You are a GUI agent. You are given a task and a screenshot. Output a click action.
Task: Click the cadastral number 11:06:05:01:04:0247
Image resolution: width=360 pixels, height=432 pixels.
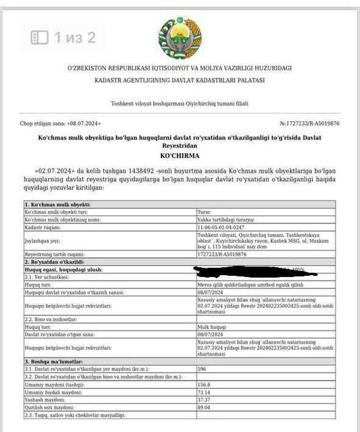coord(220,228)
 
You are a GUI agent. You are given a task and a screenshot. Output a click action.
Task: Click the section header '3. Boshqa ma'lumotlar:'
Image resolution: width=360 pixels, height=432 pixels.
coord(55,360)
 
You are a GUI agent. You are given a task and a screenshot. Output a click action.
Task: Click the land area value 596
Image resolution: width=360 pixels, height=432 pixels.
coord(201,368)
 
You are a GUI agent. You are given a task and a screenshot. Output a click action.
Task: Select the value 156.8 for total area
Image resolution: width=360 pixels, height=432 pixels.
coord(203,384)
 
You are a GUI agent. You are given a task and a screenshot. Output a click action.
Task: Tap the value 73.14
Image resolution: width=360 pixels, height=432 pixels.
coord(203,392)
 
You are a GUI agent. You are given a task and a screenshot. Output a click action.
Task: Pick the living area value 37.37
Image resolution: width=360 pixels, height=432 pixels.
coord(203,400)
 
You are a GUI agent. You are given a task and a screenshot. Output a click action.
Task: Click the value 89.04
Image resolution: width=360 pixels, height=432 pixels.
coord(203,408)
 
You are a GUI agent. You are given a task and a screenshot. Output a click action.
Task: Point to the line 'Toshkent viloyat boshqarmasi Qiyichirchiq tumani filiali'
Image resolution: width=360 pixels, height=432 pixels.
coord(179,104)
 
